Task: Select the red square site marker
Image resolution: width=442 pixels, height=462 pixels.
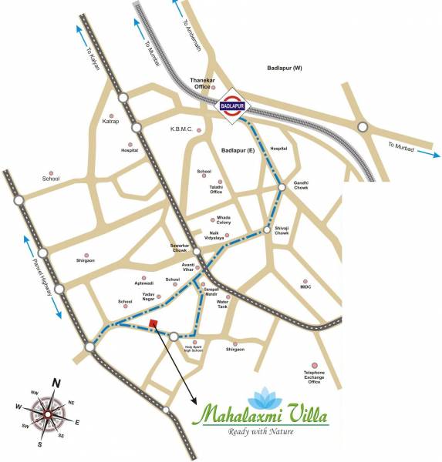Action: (154, 323)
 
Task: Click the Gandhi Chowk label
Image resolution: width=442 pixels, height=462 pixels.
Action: (301, 186)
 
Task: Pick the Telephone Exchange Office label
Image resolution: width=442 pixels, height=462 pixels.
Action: (314, 377)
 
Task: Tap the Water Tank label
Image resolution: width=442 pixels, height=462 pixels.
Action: (223, 304)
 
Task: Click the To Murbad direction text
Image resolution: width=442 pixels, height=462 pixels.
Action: (402, 146)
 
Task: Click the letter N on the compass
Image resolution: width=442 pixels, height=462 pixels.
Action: (56, 383)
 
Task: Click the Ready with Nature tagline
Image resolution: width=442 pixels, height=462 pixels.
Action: (261, 431)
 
